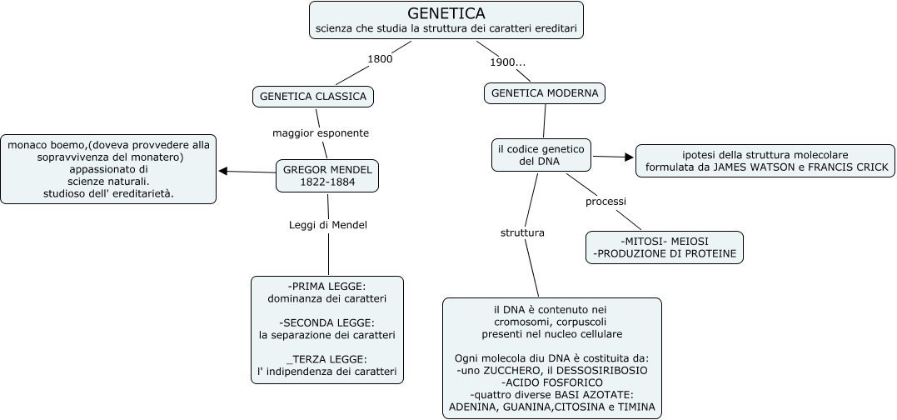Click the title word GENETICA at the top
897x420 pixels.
446,13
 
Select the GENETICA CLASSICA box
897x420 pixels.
313,97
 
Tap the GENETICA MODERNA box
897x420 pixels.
545,93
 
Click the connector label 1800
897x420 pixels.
380,58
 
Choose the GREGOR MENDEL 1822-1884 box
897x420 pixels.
327,176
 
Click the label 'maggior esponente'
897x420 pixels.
321,132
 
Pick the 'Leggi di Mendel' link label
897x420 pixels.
327,224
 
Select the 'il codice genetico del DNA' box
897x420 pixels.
541,155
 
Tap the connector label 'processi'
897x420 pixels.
605,201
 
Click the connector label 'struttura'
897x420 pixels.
522,232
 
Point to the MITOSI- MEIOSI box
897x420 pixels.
664,247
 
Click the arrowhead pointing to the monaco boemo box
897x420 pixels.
223,172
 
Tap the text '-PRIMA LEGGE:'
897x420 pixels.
326,286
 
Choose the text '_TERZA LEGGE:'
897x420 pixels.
326,358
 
